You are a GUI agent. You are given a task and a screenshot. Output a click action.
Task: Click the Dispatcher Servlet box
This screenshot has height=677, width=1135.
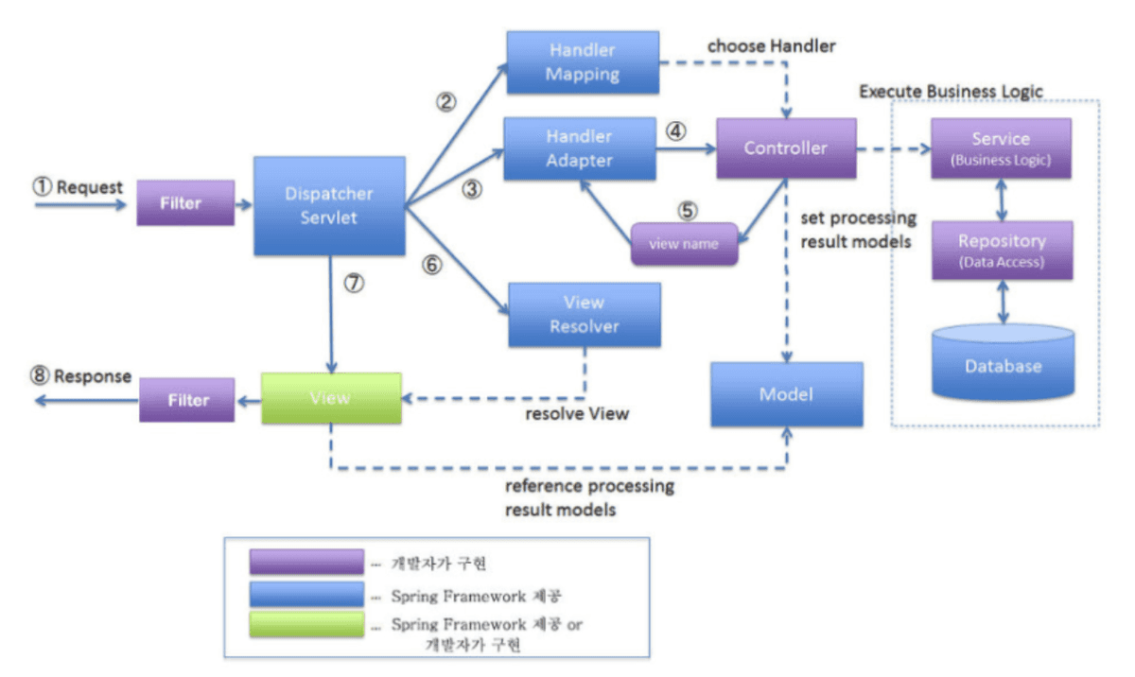point(329,205)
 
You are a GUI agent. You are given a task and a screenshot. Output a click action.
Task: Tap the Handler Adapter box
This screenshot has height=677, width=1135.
point(580,148)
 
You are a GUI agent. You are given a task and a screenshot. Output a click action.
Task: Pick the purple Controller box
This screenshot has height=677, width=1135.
point(786,148)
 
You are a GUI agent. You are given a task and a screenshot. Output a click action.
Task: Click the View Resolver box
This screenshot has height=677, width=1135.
point(584,315)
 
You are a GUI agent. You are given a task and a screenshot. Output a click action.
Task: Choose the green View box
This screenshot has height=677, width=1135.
point(331,397)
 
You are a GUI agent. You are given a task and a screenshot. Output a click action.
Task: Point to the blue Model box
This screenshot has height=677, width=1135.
point(786,394)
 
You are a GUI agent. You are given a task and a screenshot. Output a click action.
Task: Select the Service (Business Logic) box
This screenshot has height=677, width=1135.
point(1001,148)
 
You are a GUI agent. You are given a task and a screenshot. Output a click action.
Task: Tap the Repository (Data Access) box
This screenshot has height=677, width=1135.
point(1002,251)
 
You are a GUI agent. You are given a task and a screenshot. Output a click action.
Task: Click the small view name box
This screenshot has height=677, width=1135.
point(684,244)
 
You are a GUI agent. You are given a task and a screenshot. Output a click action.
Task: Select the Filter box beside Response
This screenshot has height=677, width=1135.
point(187,400)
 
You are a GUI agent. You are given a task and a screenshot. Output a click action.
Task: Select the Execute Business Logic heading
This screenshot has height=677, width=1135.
point(951,91)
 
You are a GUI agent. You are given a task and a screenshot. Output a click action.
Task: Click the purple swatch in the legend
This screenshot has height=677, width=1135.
point(306,563)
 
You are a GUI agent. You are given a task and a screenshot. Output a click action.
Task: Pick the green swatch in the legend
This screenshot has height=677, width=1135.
point(306,625)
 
